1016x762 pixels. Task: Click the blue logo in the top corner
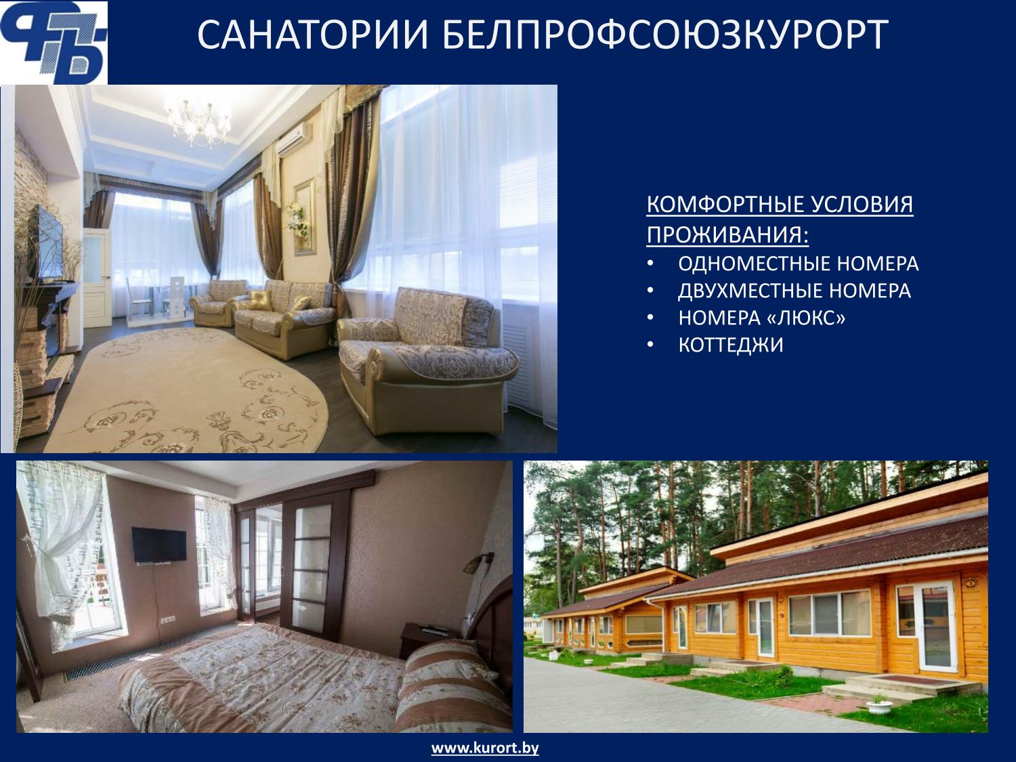pos(54,43)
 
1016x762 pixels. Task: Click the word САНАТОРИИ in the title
pos(313,35)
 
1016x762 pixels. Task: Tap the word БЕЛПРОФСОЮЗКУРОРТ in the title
pos(666,35)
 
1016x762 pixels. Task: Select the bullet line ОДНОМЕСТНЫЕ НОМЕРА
pos(799,263)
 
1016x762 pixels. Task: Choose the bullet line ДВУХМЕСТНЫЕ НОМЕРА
pos(795,291)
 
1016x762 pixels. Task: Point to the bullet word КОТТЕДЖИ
pos(731,345)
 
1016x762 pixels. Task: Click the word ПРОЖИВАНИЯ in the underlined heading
pos(727,234)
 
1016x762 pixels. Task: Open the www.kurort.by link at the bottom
pos(485,748)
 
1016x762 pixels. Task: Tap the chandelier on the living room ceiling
pos(198,121)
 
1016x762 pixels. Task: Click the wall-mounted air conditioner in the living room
pos(294,139)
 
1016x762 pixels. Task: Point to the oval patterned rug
pos(185,389)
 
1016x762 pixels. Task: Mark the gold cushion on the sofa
pos(261,300)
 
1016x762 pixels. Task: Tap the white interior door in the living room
pos(97,278)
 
